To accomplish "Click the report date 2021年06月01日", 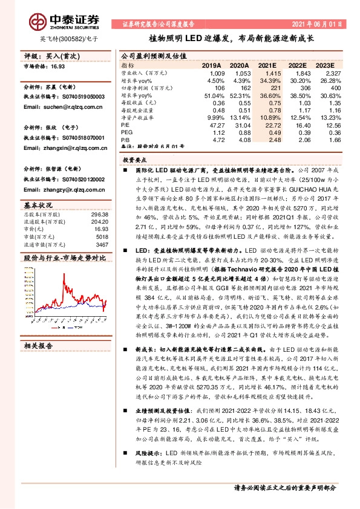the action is coord(316,24).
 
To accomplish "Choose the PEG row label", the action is coord(126,132).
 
